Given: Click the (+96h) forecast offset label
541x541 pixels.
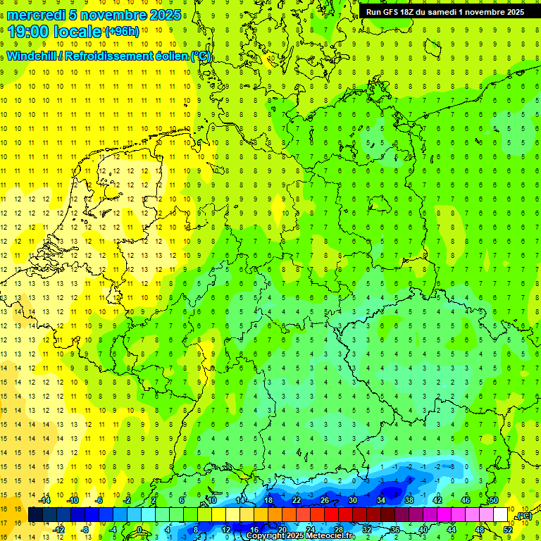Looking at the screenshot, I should click(x=122, y=32).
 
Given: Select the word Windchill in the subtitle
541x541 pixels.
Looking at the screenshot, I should click(x=32, y=56).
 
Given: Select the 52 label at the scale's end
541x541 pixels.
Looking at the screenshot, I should click(x=508, y=530).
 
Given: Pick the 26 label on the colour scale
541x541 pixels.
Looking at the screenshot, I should click(x=325, y=500).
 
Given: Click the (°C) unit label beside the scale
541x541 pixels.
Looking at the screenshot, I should click(x=524, y=516).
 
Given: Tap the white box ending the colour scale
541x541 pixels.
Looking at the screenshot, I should click(x=500, y=515).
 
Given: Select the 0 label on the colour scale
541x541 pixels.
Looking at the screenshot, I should click(x=139, y=530).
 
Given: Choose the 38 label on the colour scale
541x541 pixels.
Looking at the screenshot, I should click(x=409, y=500).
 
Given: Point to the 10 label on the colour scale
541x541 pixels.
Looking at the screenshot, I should click(x=212, y=500).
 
